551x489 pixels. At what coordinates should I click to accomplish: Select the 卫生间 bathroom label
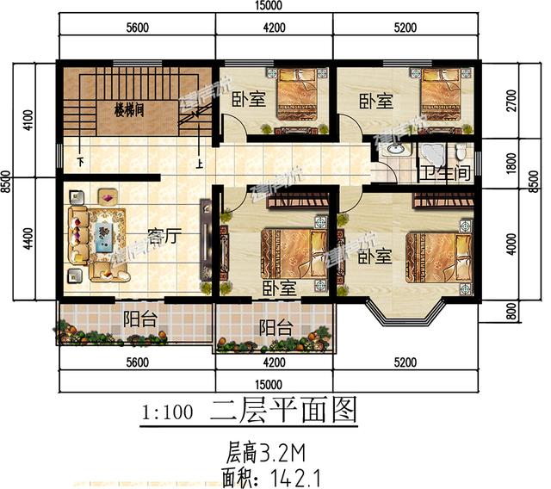(449, 172)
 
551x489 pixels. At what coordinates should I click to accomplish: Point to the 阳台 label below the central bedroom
(275, 327)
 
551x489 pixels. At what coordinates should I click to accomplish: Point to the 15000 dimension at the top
(269, 7)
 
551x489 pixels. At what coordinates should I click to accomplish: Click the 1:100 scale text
(165, 412)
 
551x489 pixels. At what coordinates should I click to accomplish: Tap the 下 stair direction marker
(80, 161)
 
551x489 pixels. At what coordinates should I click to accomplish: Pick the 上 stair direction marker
(200, 161)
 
